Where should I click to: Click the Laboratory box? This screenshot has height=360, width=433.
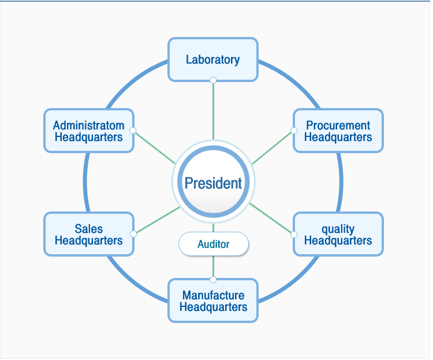coord(213,60)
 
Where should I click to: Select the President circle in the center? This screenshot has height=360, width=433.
coord(213,181)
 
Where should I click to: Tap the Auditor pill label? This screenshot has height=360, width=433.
coord(214,244)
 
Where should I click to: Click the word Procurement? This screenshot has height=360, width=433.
coord(338,125)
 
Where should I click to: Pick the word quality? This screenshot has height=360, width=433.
coord(338,229)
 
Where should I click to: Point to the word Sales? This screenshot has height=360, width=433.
coord(89,229)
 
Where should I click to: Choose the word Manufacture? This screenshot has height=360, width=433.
coord(213,295)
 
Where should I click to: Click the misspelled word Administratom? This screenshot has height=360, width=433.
coord(89,125)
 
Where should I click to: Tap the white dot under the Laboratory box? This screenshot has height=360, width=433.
coord(213,80)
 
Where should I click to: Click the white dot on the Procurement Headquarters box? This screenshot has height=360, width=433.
coord(294,131)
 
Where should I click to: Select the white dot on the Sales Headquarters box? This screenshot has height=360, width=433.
coord(133,234)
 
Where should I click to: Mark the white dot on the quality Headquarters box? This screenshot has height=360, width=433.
coord(294,235)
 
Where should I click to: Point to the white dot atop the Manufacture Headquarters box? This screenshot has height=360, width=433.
coord(213,280)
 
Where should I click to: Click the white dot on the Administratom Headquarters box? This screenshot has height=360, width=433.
coord(133,131)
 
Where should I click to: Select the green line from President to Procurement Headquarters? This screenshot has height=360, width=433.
coord(272,148)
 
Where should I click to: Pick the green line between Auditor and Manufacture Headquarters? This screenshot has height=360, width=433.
coord(213,266)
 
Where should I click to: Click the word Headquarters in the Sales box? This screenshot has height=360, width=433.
coord(89,240)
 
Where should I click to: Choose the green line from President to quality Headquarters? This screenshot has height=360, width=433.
coord(270,218)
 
